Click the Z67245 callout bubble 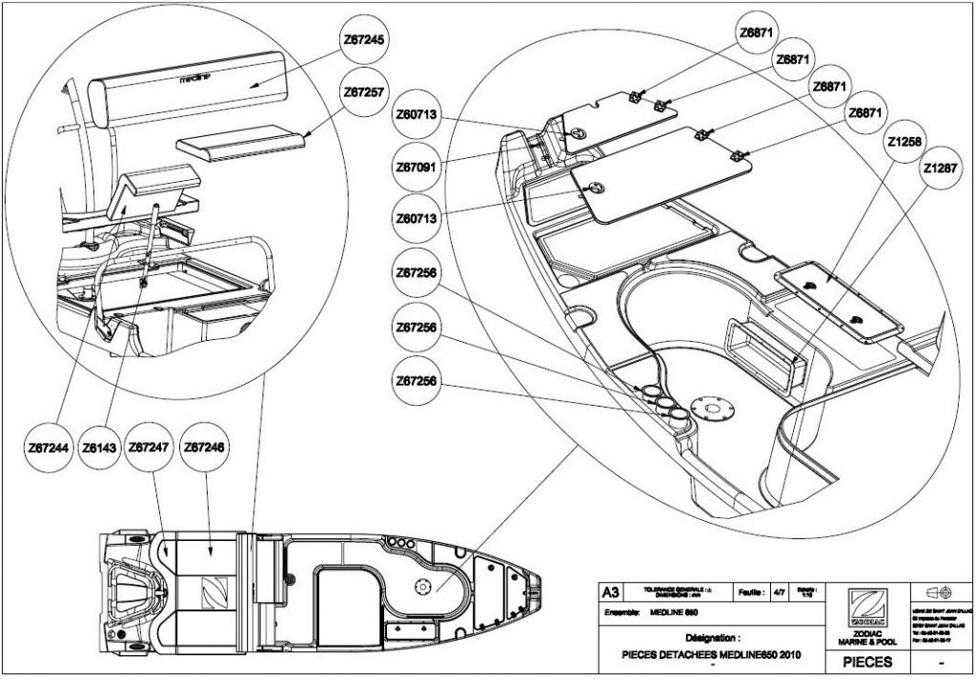pyautogui.click(x=363, y=42)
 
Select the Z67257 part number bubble pyautogui.click(x=363, y=92)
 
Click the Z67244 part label pyautogui.click(x=50, y=447)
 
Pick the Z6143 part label pyautogui.click(x=99, y=447)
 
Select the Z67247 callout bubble pyautogui.click(x=149, y=447)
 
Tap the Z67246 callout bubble pyautogui.click(x=204, y=447)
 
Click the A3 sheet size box pyautogui.click(x=610, y=593)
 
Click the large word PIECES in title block pyautogui.click(x=867, y=661)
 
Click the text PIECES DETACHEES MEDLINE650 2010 pyautogui.click(x=712, y=654)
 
